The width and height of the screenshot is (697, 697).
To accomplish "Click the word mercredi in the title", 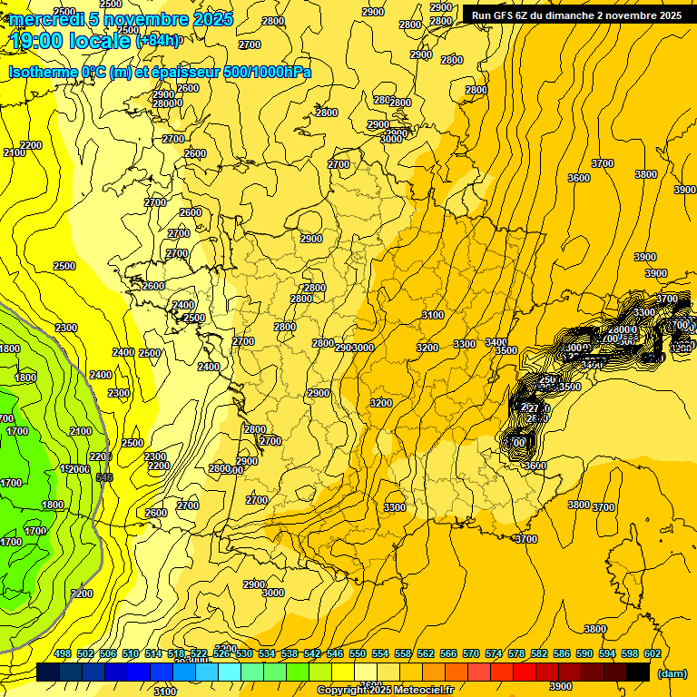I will coord(42,19).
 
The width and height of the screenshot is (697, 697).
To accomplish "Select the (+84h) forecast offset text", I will coord(158,41).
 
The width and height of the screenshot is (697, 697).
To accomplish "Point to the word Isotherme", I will coord(43,73).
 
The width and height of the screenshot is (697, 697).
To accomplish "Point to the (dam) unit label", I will coord(671,672).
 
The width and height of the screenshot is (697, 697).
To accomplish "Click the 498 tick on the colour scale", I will coord(63,654).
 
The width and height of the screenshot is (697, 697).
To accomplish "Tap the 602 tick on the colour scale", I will coord(652,654).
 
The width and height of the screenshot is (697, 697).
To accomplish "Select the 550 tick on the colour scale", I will coord(358,654).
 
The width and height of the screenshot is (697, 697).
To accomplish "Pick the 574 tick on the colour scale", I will coord(494,654).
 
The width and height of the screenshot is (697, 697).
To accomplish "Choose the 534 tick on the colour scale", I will coord(267,654).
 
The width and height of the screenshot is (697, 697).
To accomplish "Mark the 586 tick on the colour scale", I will coord(562,654).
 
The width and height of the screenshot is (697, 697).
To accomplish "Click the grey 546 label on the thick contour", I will coord(104,477).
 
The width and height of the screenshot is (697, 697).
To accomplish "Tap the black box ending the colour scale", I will coord(638,672).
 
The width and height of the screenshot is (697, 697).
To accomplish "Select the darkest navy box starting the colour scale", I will coord(48,672).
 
